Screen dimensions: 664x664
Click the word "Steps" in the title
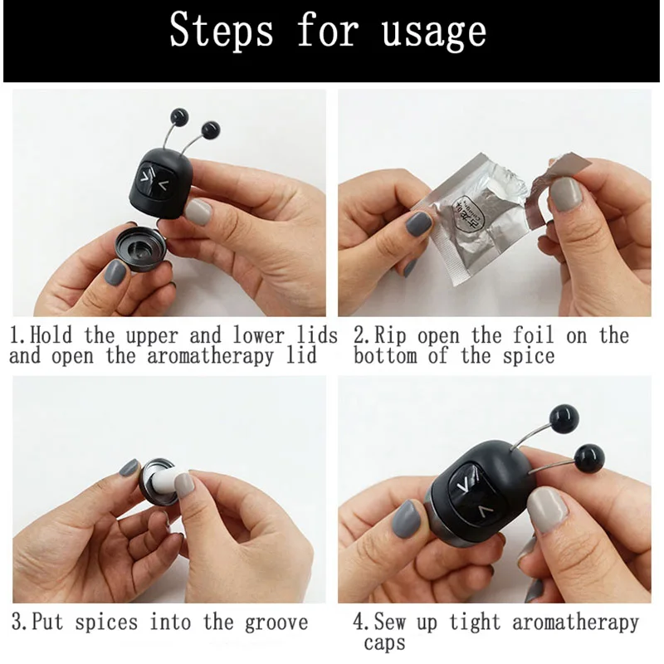point(221,29)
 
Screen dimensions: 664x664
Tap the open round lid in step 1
point(140,248)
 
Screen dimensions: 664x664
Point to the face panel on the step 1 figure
point(154,182)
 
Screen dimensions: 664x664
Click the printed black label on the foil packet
point(468,213)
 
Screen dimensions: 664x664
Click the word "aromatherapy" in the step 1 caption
point(211,356)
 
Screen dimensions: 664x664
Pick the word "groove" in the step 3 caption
point(276,623)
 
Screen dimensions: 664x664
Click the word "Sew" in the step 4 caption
point(389,622)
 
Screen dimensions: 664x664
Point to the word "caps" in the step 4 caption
point(384,643)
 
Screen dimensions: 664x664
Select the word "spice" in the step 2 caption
point(529,356)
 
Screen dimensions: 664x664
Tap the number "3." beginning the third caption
point(20,622)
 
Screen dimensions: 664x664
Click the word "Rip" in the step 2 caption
point(390,336)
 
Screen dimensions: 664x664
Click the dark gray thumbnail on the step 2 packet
point(417,223)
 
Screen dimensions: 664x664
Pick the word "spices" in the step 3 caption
point(106,623)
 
